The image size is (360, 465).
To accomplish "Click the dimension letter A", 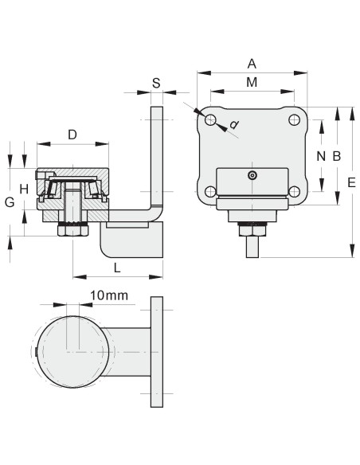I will click(x=252, y=63).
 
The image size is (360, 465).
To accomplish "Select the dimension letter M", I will click(x=252, y=83).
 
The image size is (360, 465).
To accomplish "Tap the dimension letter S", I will click(x=156, y=83).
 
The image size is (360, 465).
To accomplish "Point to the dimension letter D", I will click(x=72, y=135).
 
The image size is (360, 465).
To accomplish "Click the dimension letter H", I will click(x=25, y=189).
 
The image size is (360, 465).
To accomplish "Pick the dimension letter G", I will click(x=10, y=202).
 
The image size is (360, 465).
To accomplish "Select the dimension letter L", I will click(x=117, y=268).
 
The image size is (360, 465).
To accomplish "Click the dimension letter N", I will click(x=321, y=156).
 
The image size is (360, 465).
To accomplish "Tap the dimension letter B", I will click(x=336, y=156).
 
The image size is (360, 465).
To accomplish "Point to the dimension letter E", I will click(x=351, y=182).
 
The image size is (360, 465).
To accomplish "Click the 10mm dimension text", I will click(x=109, y=295).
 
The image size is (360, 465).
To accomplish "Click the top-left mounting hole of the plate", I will click(x=210, y=120).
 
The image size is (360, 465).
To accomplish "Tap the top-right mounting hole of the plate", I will click(x=294, y=120).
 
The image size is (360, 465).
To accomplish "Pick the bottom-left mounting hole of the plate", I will click(x=210, y=191).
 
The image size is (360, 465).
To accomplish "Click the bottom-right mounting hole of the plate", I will click(x=294, y=191).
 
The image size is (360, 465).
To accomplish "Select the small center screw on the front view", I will click(x=252, y=175).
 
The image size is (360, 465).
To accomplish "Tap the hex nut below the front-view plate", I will click(x=252, y=230).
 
